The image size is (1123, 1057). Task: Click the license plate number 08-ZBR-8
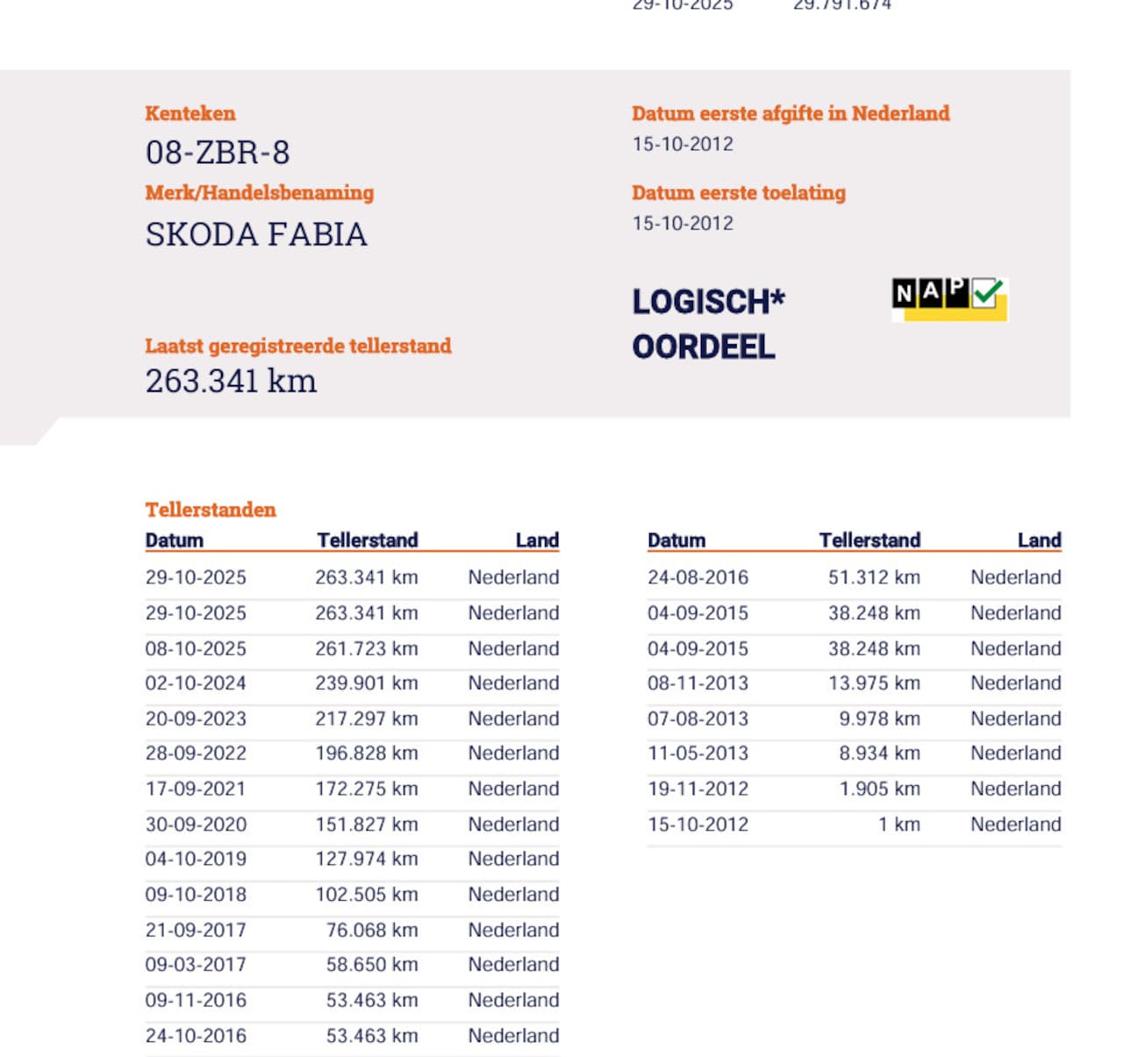pos(218,153)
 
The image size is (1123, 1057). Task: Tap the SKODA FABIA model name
pos(256,234)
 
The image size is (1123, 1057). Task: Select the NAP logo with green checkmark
pos(949,298)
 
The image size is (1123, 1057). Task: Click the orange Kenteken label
pos(190,113)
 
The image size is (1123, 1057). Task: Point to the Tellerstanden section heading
pos(211,510)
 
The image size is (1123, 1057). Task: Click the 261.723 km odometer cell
pos(367,648)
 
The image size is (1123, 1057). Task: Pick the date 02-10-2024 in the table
pos(196,683)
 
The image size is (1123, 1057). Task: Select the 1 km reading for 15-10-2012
pos(899,825)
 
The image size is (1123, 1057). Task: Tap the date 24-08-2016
pos(697,577)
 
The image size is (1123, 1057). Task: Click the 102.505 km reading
pos(367,895)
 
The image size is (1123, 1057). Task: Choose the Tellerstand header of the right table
pos(869,540)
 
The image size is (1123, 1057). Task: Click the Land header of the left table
pos(537,540)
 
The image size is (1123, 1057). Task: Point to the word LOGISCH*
pos(708,302)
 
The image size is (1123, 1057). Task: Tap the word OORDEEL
pos(704,347)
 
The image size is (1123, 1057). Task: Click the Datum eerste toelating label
pos(739,193)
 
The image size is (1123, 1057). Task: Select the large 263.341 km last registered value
pos(231,382)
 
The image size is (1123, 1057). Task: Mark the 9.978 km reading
pos(880,718)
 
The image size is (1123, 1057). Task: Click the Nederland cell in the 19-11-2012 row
pos(1015,789)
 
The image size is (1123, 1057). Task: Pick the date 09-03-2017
pos(196,965)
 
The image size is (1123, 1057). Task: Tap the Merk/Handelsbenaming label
pos(260,193)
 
